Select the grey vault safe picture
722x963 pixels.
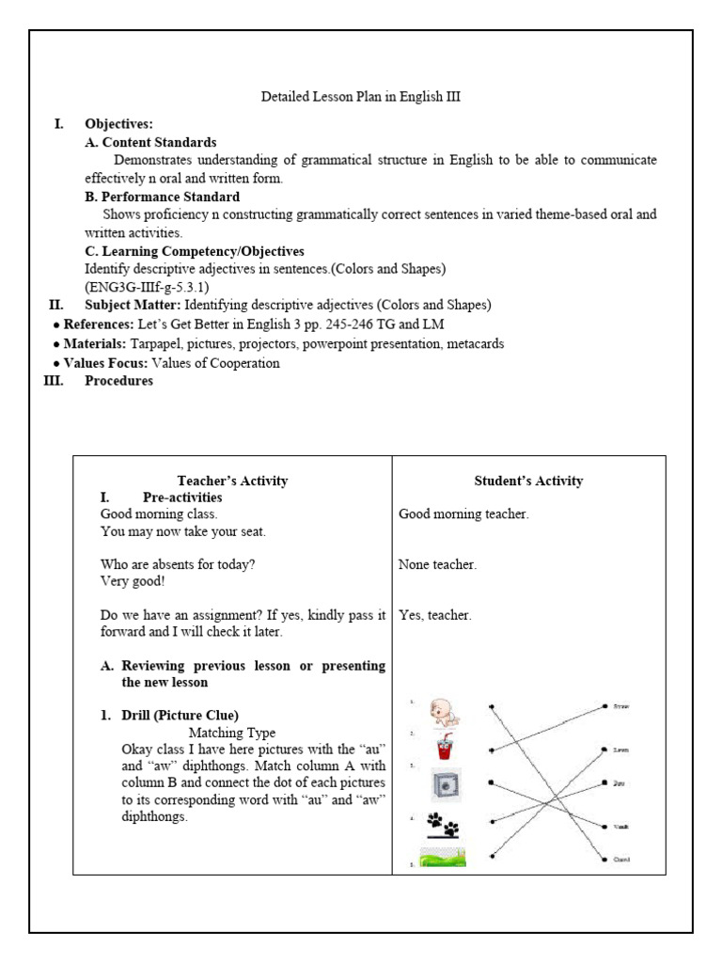tap(446, 785)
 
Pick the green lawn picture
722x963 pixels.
tap(443, 857)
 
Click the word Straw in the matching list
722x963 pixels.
tap(620, 705)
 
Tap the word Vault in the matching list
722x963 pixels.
tap(620, 827)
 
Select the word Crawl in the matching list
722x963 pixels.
tap(620, 860)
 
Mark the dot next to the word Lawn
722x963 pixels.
tap(604, 750)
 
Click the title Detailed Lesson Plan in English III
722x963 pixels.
tap(360, 97)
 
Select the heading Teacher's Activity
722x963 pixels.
tap(232, 481)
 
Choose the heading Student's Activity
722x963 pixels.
tap(528, 481)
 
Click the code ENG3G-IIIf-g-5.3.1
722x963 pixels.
tap(147, 287)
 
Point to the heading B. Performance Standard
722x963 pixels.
tap(162, 197)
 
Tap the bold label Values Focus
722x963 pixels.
tap(104, 363)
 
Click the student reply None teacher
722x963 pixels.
tap(437, 564)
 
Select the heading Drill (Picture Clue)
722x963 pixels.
tap(180, 715)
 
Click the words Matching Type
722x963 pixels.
tap(232, 732)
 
